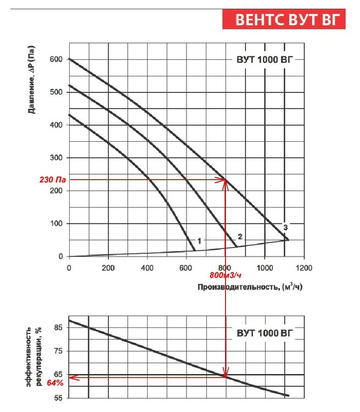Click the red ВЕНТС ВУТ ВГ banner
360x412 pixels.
(x=284, y=19)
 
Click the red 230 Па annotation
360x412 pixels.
(x=53, y=180)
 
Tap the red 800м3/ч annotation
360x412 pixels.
(x=226, y=274)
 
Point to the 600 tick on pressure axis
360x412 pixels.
(x=56, y=59)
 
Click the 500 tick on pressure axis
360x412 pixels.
(x=56, y=92)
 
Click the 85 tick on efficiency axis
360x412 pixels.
(x=58, y=328)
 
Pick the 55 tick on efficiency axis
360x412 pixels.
(x=58, y=398)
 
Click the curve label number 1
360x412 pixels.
(x=199, y=241)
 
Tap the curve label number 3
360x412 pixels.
(x=285, y=227)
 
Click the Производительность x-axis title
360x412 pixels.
(x=250, y=286)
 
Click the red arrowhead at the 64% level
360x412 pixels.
(x=72, y=377)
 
